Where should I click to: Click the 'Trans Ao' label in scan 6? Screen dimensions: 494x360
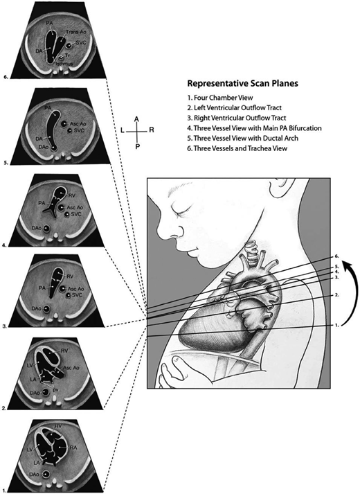click(74, 33)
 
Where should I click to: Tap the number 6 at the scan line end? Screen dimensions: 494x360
click(336, 256)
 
